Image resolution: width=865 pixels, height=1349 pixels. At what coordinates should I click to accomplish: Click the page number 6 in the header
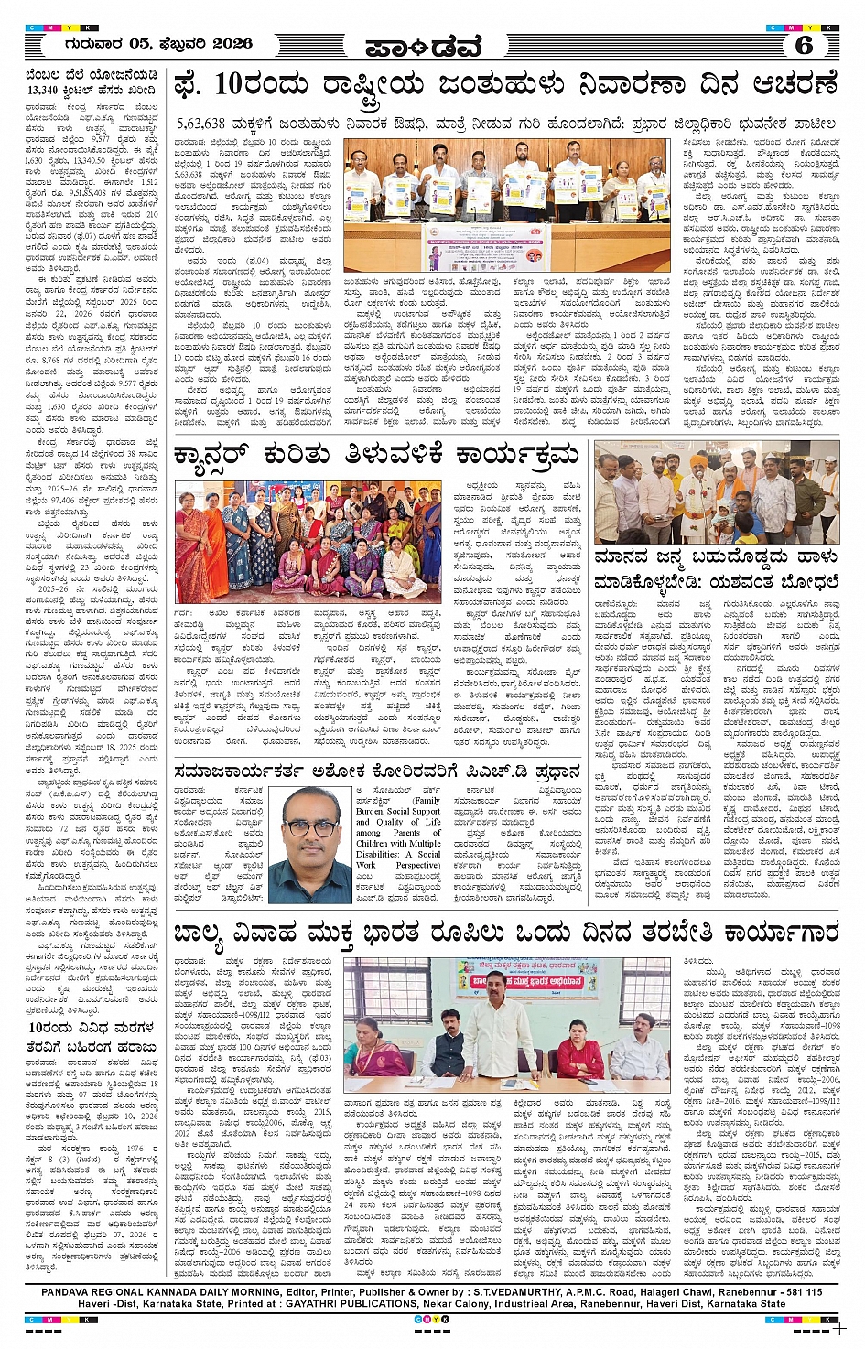coord(804,44)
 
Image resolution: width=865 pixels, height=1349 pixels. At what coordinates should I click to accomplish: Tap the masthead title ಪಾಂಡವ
coord(422,46)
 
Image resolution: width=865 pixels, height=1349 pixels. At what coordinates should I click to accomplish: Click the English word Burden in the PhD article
coord(370,811)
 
